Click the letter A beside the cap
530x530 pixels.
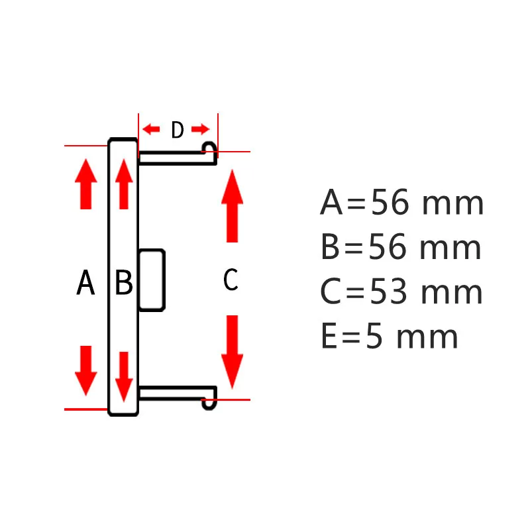pyautogui.click(x=85, y=284)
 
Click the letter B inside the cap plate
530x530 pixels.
pyautogui.click(x=124, y=284)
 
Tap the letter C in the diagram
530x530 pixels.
pyautogui.click(x=230, y=280)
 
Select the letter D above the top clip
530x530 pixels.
pyautogui.click(x=177, y=131)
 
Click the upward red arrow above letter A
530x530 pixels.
pyautogui.click(x=85, y=184)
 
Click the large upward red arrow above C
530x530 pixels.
pyautogui.click(x=232, y=205)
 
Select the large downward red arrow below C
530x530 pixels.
pyautogui.click(x=232, y=351)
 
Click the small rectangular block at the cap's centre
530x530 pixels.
pyautogui.click(x=152, y=280)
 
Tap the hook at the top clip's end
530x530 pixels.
pyautogui.click(x=209, y=148)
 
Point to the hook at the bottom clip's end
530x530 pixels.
pyautogui.click(x=210, y=402)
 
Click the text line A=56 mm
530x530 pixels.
pyautogui.click(x=401, y=203)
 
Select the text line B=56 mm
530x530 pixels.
pyautogui.click(x=400, y=248)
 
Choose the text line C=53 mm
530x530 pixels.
pyautogui.click(x=401, y=292)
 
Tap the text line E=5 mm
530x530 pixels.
pyautogui.click(x=389, y=337)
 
